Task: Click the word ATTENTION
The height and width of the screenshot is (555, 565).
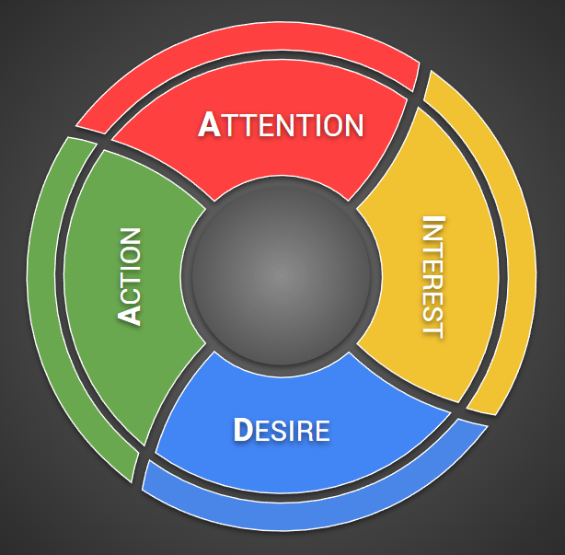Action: coord(281,125)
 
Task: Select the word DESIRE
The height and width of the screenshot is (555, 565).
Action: coord(281,430)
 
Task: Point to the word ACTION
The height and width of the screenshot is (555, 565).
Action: coord(131,276)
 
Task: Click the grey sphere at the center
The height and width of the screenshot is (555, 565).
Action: coord(281,274)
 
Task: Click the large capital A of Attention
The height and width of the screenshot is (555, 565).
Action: coord(210,125)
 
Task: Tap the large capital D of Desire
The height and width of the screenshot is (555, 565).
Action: coord(242,430)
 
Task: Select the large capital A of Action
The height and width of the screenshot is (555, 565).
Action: coord(131,314)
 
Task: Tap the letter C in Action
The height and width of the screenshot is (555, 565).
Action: coord(131,293)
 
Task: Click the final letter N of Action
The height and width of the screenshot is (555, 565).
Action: coord(131,237)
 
